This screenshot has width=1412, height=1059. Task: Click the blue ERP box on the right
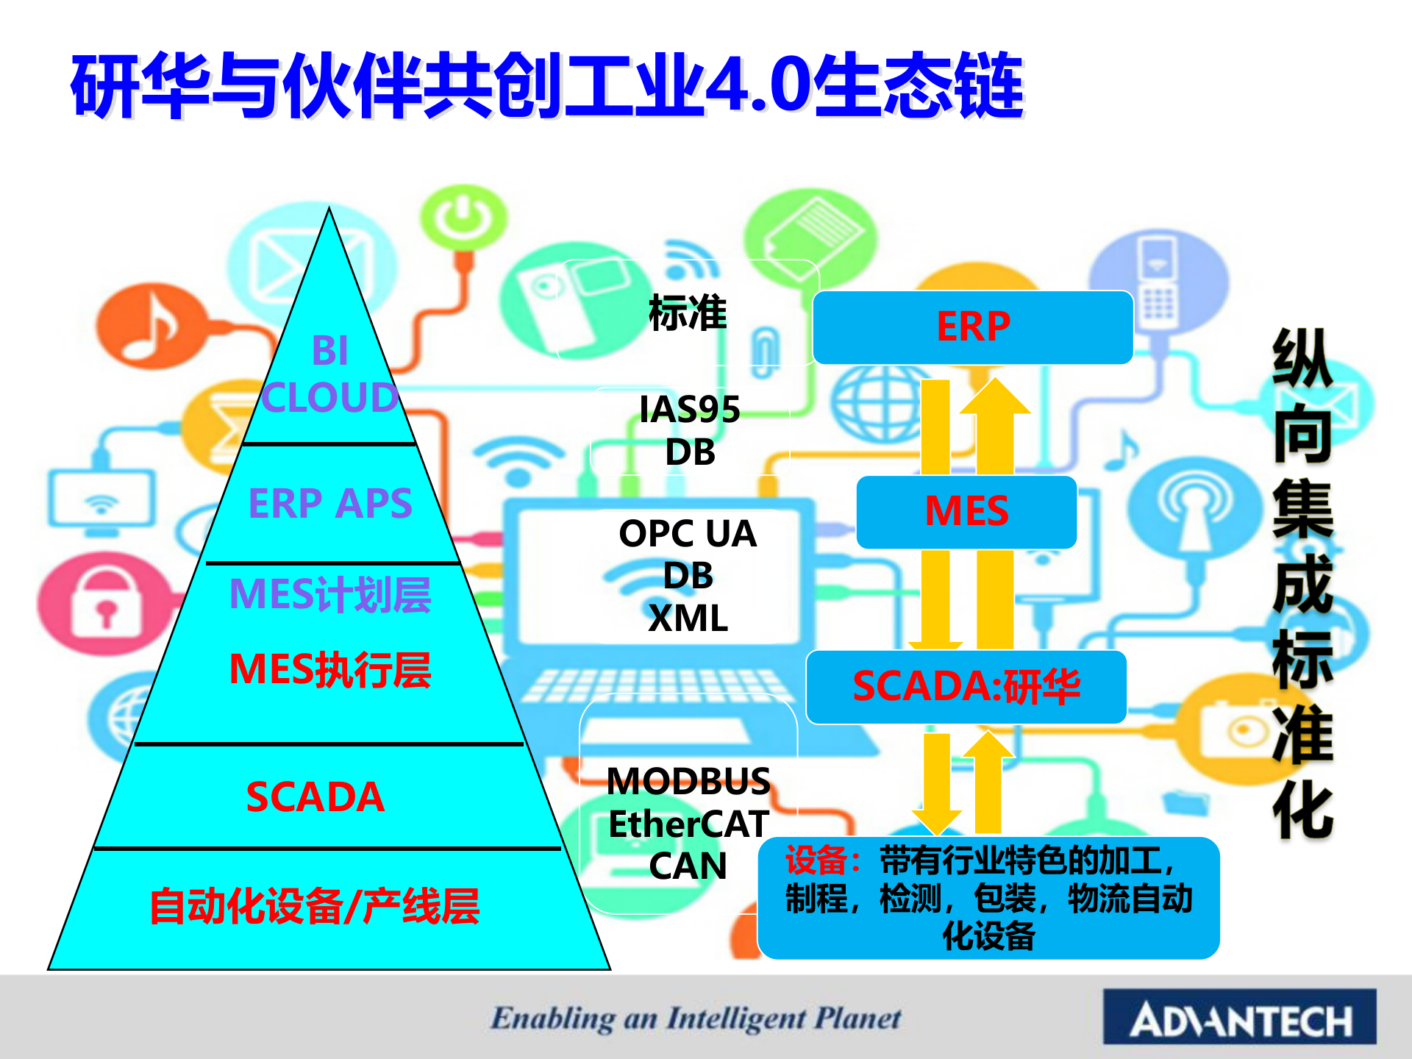pyautogui.click(x=972, y=327)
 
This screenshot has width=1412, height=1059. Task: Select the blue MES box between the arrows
pyautogui.click(x=966, y=512)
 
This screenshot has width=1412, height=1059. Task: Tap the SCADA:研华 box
pyautogui.click(x=966, y=687)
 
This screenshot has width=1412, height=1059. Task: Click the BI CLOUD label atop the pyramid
pyautogui.click(x=330, y=374)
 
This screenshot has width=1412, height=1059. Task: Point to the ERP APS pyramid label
pyautogui.click(x=330, y=504)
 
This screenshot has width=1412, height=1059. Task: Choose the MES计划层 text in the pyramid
pyautogui.click(x=330, y=594)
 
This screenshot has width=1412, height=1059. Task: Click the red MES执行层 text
pyautogui.click(x=330, y=670)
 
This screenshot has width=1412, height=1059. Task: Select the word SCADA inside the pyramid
pyautogui.click(x=315, y=796)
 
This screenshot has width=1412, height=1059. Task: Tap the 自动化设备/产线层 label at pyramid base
pyautogui.click(x=315, y=906)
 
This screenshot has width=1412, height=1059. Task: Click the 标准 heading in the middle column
pyautogui.click(x=688, y=313)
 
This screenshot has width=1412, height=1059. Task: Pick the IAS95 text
pyautogui.click(x=689, y=410)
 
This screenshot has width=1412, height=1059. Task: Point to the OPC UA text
pyautogui.click(x=688, y=534)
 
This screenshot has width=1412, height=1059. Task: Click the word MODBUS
pyautogui.click(x=688, y=782)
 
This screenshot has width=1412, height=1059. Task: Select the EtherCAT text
pyautogui.click(x=688, y=824)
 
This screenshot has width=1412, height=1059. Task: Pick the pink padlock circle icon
pyautogui.click(x=102, y=603)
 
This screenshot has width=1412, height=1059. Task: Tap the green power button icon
pyautogui.click(x=464, y=216)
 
